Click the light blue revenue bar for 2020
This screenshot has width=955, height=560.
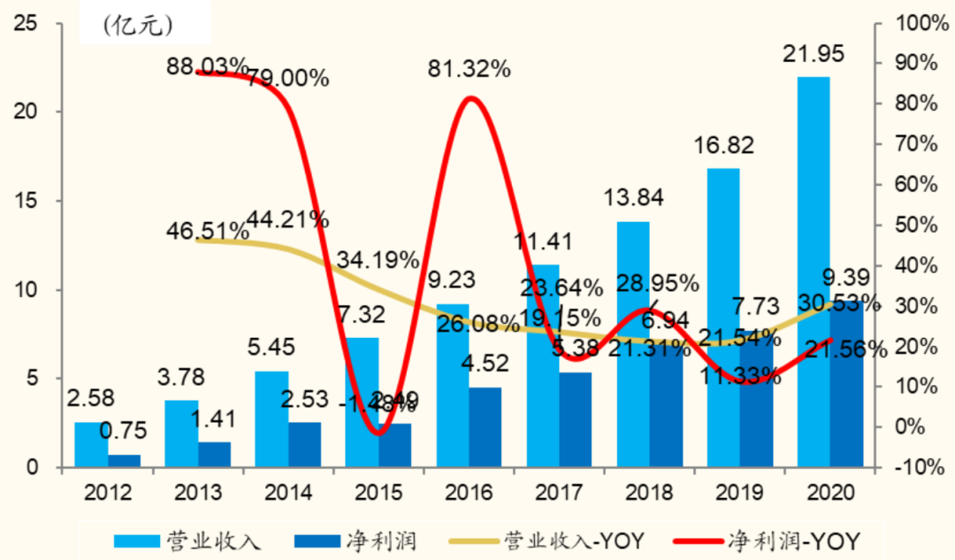pyautogui.click(x=813, y=265)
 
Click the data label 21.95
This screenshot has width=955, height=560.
pyautogui.click(x=814, y=54)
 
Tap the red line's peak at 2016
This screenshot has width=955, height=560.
pyautogui.click(x=471, y=98)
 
